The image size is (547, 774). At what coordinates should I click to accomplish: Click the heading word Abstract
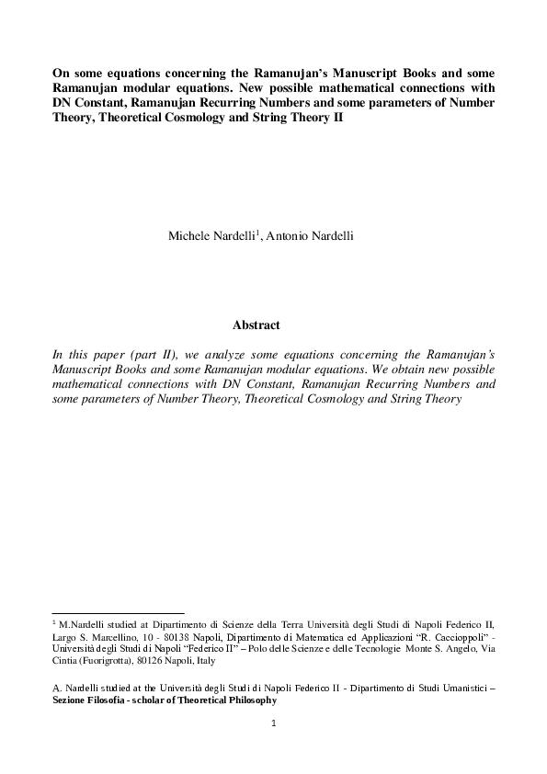(256, 325)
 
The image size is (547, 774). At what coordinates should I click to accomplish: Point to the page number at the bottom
(273, 723)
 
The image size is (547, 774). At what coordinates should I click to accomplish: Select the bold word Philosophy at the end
(247, 700)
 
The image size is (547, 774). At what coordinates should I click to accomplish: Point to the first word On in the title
(61, 74)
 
